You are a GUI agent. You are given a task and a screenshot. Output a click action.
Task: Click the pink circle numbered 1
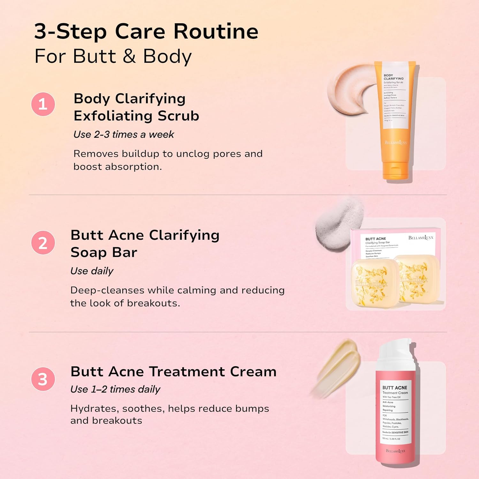click(43, 104)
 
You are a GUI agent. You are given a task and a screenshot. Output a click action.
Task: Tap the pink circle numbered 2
click(43, 243)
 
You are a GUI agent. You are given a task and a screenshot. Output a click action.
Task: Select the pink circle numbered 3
click(43, 379)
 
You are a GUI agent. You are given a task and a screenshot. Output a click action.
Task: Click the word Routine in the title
click(216, 32)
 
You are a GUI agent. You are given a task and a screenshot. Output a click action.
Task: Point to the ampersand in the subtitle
click(129, 56)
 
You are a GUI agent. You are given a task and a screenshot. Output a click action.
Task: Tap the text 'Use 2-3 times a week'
click(124, 134)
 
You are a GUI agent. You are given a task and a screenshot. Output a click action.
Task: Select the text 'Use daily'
click(92, 271)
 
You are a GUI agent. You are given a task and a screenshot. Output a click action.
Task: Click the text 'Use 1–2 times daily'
click(115, 389)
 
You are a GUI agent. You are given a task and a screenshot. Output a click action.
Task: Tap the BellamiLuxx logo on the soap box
click(421, 238)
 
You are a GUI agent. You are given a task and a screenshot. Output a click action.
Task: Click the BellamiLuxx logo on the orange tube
click(396, 142)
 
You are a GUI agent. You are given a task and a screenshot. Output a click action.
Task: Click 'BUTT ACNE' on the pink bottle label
click(395, 388)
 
